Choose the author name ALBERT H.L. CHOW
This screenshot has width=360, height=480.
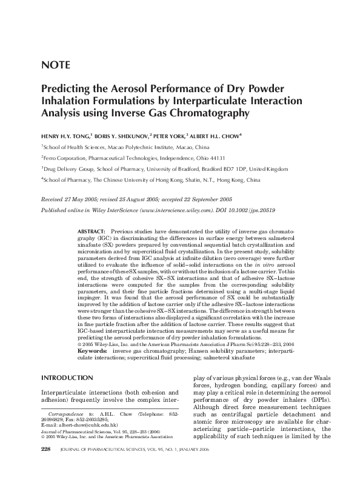coord(224,136)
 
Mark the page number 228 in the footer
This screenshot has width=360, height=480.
coord(46,465)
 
